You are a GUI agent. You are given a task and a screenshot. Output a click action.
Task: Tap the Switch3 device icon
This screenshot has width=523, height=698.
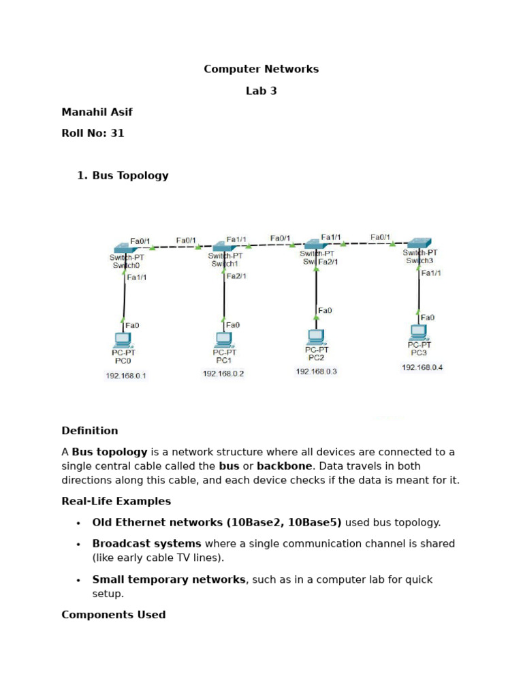coord(419,242)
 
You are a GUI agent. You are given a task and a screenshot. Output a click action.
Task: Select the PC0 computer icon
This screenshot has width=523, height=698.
coord(122,339)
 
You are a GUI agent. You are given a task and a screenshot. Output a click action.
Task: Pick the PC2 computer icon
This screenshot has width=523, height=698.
coord(315,336)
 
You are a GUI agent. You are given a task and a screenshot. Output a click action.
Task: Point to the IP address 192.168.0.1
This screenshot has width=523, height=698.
coord(125,376)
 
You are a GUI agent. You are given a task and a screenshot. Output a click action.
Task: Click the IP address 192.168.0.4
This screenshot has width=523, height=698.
coord(422,367)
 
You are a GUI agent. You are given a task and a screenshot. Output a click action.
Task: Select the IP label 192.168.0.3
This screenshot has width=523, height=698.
coord(316,371)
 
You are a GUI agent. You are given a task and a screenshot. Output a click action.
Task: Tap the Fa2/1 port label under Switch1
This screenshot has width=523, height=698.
coord(236,276)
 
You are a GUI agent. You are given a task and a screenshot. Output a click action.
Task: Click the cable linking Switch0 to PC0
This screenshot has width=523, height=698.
coord(124,297)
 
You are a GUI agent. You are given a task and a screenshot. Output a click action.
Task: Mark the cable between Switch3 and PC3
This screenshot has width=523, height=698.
coord(419,293)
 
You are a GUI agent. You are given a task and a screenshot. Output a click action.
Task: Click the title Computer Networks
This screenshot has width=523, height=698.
coord(261,70)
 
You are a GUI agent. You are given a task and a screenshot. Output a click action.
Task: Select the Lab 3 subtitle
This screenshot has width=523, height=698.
coord(261,91)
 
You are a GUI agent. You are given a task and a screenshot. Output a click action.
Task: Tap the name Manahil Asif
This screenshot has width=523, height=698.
coord(97,112)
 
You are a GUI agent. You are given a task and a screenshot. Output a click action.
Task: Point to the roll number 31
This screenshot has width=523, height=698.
coord(117,134)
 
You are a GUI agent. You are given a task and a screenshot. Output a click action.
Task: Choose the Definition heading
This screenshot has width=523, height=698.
coord(90,431)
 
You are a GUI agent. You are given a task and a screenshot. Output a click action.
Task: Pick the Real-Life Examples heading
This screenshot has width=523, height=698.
coord(116,502)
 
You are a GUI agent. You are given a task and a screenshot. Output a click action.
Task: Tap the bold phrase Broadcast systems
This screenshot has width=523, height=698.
coord(147,544)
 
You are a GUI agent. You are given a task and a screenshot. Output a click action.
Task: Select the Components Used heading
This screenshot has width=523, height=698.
coord(114,615)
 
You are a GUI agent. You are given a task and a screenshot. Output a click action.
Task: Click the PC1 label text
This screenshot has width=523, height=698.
coord(224,361)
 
